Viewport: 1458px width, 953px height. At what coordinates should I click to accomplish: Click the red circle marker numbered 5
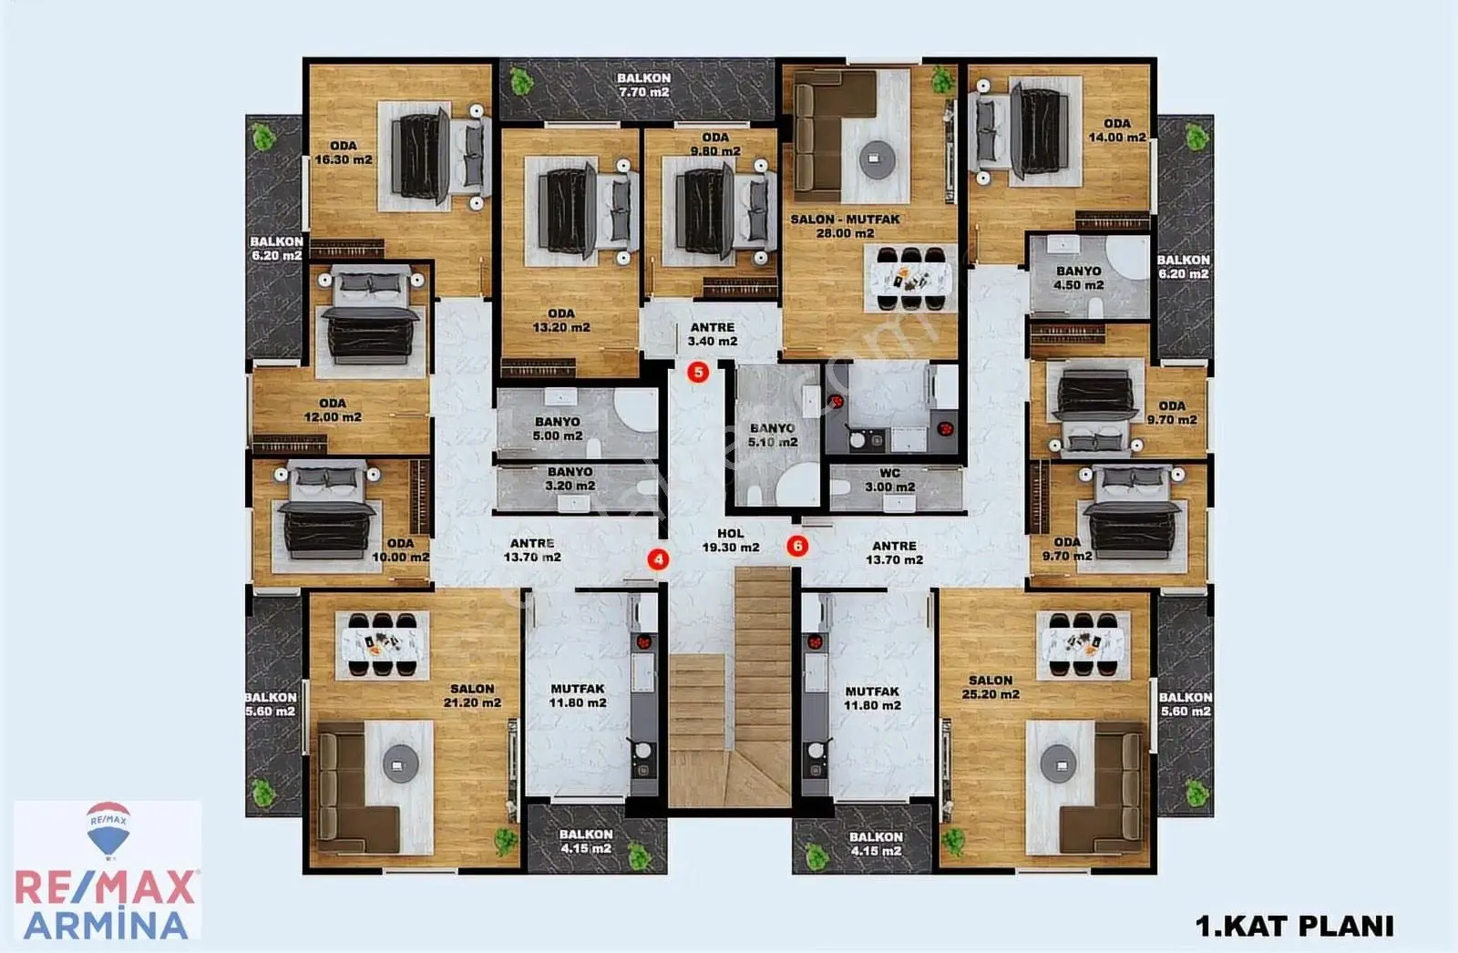click(x=698, y=373)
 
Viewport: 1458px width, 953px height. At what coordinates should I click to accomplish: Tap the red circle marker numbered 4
click(x=658, y=559)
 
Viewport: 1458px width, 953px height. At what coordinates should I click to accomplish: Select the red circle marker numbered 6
click(x=797, y=546)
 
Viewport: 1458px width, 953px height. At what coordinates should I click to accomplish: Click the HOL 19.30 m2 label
click(x=730, y=541)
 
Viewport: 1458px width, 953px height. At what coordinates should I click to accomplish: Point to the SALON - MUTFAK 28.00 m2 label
click(x=845, y=226)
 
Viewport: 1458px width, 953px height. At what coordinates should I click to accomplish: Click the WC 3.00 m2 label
click(x=889, y=480)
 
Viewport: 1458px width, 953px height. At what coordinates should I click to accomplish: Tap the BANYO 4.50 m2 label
click(x=1079, y=278)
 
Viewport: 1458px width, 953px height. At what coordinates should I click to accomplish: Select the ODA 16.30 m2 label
click(x=343, y=152)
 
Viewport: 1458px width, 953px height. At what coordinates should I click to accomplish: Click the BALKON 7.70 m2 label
click(x=643, y=86)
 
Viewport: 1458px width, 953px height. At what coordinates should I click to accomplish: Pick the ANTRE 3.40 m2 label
click(x=712, y=334)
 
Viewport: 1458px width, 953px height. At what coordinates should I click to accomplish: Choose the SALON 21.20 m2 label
click(x=472, y=695)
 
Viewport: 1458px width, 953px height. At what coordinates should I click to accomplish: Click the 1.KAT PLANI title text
click(x=1295, y=926)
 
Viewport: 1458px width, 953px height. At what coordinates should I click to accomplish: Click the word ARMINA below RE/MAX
click(x=106, y=925)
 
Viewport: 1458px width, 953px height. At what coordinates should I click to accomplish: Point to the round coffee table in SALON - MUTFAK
click(x=877, y=159)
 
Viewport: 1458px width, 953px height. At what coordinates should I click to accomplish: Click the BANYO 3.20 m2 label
click(x=570, y=478)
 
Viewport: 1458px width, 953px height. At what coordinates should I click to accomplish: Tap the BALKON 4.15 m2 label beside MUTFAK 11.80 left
click(x=585, y=841)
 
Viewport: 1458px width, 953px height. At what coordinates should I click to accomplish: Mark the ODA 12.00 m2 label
click(x=332, y=410)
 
